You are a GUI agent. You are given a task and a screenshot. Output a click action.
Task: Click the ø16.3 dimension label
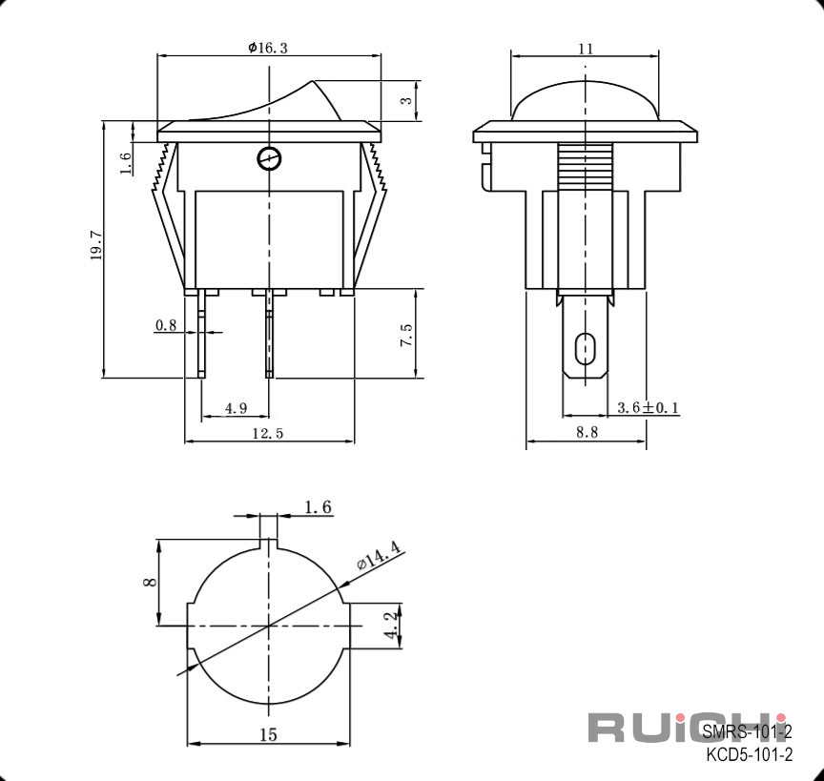[x=268, y=48]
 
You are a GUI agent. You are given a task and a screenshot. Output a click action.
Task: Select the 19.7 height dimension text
[x=96, y=245]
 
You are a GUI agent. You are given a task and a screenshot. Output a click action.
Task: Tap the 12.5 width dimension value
[x=267, y=433]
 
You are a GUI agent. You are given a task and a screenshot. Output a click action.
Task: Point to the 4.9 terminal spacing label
[x=236, y=408]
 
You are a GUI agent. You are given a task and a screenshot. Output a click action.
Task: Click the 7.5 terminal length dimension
[x=406, y=335]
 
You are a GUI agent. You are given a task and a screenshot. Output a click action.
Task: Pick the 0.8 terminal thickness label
[x=166, y=325]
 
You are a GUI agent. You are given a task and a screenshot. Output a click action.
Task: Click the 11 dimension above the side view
[x=586, y=49]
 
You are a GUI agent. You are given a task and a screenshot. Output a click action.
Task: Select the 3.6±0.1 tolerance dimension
[x=648, y=407]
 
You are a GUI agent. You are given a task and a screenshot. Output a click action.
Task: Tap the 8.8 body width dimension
[x=587, y=432]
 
